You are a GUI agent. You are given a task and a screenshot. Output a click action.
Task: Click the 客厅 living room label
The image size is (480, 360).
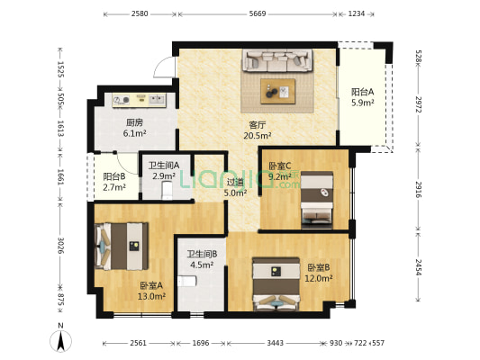point(257,124)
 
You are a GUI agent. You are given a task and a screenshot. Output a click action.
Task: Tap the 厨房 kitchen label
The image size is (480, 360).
point(134,122)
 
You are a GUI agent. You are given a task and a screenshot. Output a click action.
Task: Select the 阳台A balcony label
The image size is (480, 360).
point(363,92)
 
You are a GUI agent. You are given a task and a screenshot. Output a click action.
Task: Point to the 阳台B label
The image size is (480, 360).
point(113,177)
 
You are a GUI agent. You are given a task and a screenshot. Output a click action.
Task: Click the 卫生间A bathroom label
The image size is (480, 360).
point(163,165)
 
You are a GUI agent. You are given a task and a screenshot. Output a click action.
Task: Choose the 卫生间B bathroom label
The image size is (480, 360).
point(200,254)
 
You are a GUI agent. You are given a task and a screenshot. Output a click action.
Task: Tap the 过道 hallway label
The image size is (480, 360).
point(235,181)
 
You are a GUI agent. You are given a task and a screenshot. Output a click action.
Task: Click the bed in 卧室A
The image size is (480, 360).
point(118,244)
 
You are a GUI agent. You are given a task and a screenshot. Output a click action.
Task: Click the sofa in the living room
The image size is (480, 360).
point(277,61)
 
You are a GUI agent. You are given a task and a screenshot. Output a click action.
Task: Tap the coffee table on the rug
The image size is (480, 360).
point(278,89)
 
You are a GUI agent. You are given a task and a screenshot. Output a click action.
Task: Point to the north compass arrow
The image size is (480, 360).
point(59,340)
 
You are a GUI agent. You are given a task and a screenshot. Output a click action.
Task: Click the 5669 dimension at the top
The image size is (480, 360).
point(258,14)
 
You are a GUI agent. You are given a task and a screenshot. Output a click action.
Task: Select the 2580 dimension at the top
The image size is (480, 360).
point(140,14)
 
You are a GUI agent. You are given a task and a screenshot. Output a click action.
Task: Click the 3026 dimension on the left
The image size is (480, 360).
point(61,246)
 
